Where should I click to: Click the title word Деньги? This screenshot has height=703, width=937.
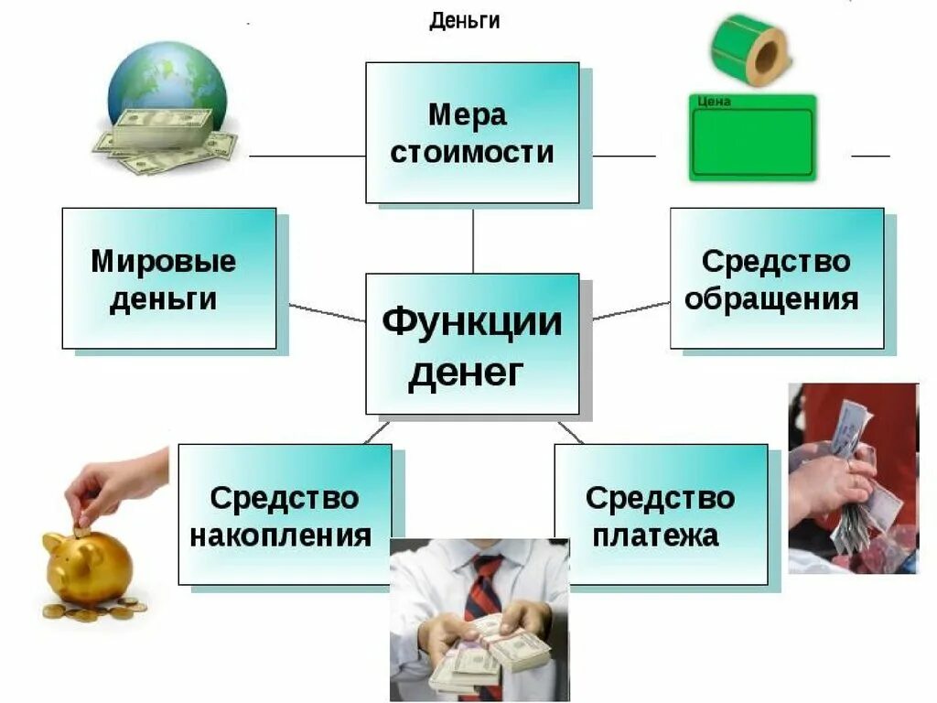pyautogui.click(x=465, y=20)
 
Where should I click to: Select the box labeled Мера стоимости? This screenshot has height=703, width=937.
pyautogui.click(x=472, y=133)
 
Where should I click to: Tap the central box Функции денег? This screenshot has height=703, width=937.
pyautogui.click(x=472, y=343)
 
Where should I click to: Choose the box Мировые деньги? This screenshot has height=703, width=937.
pyautogui.click(x=168, y=278)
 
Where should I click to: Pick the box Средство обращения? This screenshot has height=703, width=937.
pyautogui.click(x=777, y=278)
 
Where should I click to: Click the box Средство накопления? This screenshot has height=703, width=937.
pyautogui.click(x=285, y=514)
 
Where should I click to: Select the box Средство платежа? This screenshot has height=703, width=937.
pyautogui.click(x=661, y=514)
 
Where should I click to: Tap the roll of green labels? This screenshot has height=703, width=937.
pyautogui.click(x=749, y=49)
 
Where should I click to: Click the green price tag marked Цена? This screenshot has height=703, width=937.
pyautogui.click(x=751, y=137)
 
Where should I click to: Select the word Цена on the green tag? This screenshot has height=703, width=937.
pyautogui.click(x=714, y=102)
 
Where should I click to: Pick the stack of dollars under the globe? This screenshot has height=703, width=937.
pyautogui.click(x=165, y=137)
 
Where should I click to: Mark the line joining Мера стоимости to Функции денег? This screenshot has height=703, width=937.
pyautogui.click(x=473, y=238)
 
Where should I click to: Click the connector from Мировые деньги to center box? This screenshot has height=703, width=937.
pyautogui.click(x=327, y=313)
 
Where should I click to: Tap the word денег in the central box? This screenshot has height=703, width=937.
pyautogui.click(x=466, y=373)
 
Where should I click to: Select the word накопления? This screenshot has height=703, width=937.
pyautogui.click(x=281, y=535)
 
